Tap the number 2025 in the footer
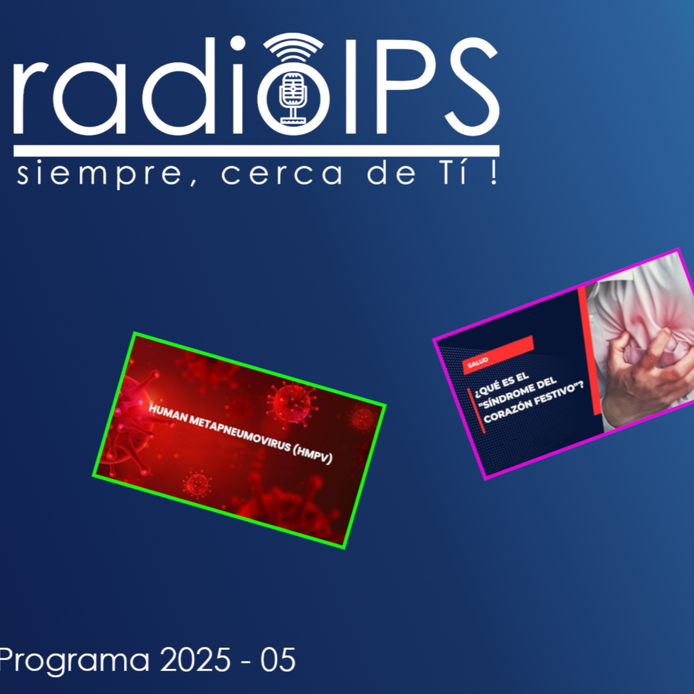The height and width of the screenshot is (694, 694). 195,659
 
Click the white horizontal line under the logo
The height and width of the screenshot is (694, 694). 257,151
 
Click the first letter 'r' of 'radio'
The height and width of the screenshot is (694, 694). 31,98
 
